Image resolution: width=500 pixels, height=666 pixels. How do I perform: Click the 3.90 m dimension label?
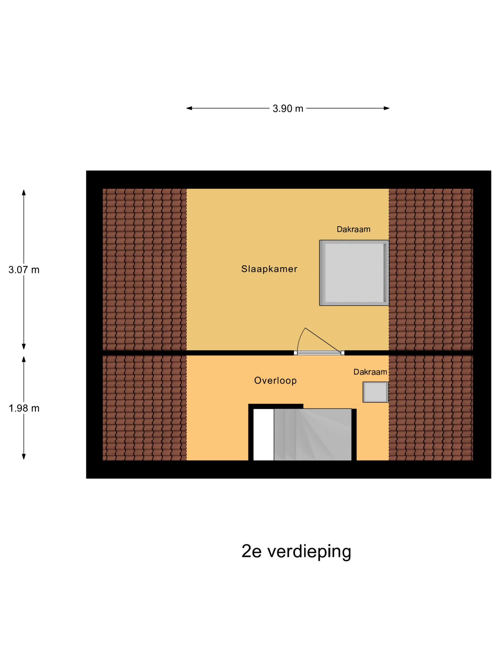click(288, 108)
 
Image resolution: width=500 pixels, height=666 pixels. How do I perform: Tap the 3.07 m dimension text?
click(24, 270)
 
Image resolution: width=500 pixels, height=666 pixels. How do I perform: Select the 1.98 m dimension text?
click(24, 408)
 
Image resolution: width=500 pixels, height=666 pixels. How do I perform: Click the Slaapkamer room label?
click(269, 269)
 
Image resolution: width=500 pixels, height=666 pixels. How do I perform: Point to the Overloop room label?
click(275, 381)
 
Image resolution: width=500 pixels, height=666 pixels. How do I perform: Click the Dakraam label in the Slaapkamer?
click(353, 230)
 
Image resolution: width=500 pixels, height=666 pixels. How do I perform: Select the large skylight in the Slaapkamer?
click(354, 273)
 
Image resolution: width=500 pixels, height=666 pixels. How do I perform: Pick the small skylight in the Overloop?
click(375, 392)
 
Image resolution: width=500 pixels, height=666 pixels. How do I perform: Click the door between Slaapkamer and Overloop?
click(319, 353)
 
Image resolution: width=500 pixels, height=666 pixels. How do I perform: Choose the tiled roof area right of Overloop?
click(431, 408)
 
